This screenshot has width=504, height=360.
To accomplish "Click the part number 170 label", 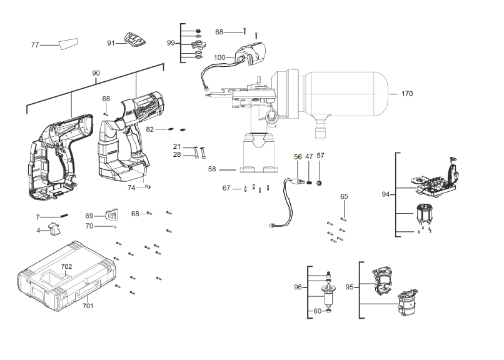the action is (407, 94).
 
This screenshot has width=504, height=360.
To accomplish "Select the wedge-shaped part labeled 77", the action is (68, 43).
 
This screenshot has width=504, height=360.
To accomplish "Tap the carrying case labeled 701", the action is (67, 276).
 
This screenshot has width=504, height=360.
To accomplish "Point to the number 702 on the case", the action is (66, 266).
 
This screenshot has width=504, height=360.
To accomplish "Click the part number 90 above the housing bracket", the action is (96, 73).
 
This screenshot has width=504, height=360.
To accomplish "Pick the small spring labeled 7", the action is (64, 216).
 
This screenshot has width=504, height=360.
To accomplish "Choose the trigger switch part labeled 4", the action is (54, 228).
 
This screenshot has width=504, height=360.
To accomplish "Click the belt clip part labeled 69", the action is (112, 214).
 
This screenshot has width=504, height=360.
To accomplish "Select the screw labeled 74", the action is (148, 187).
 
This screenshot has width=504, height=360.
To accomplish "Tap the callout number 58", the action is (212, 169).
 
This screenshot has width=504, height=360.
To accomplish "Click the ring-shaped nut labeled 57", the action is (320, 183).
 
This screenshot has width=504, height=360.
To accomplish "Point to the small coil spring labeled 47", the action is (309, 182).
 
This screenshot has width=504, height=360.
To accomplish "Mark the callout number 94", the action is (385, 194).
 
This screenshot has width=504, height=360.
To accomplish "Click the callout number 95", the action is (350, 287).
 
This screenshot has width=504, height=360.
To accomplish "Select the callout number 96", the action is (298, 287).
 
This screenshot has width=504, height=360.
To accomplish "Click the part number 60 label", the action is (317, 311).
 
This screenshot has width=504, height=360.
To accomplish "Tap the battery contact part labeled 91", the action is (135, 40).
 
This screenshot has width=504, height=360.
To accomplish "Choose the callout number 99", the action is (171, 43).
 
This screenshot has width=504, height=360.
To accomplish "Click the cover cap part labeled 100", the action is (251, 53).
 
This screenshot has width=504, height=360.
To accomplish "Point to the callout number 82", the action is (150, 129).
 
